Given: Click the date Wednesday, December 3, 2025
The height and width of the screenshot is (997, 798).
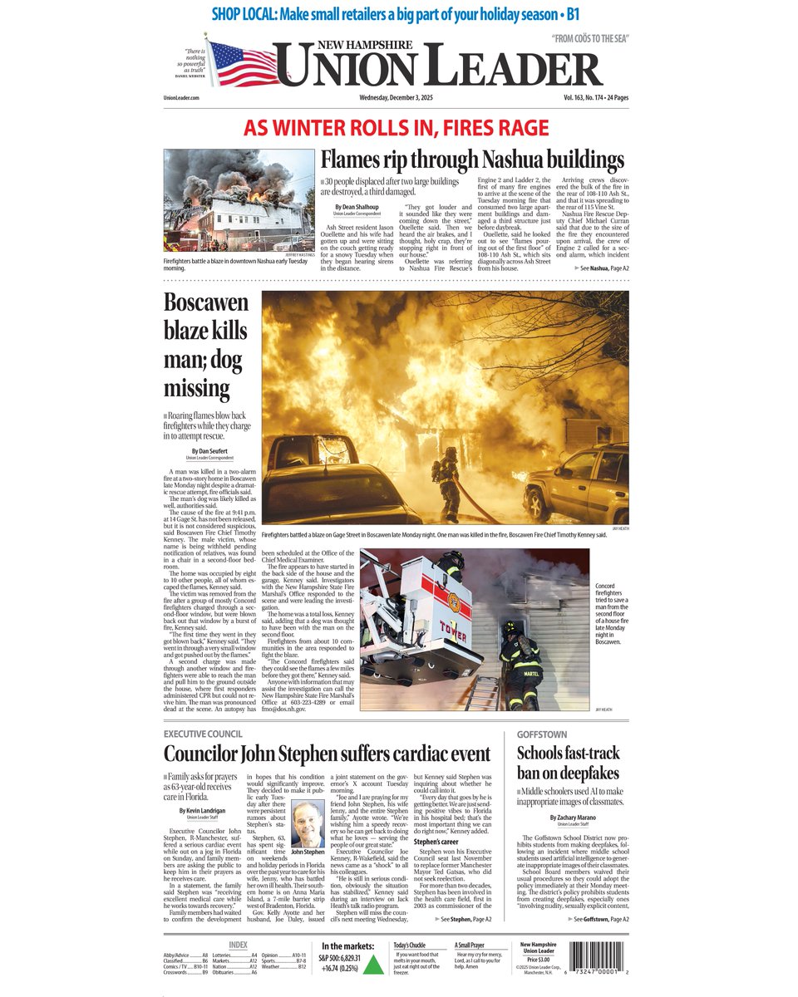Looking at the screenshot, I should [x=397, y=98].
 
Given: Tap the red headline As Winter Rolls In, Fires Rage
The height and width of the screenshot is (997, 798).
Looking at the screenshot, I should [x=397, y=128].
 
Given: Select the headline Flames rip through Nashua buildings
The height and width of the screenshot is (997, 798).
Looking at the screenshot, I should [x=472, y=160].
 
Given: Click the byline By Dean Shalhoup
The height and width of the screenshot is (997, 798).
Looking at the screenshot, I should [x=357, y=207].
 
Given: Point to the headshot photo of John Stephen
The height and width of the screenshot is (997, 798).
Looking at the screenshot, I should [x=308, y=823].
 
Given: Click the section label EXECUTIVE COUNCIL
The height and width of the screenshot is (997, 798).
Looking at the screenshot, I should [x=203, y=734].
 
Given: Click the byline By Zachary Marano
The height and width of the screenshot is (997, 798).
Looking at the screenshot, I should [x=574, y=818].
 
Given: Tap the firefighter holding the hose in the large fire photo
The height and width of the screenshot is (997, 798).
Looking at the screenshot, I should [x=447, y=482].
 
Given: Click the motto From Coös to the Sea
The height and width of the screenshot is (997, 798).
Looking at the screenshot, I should [x=590, y=40].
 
